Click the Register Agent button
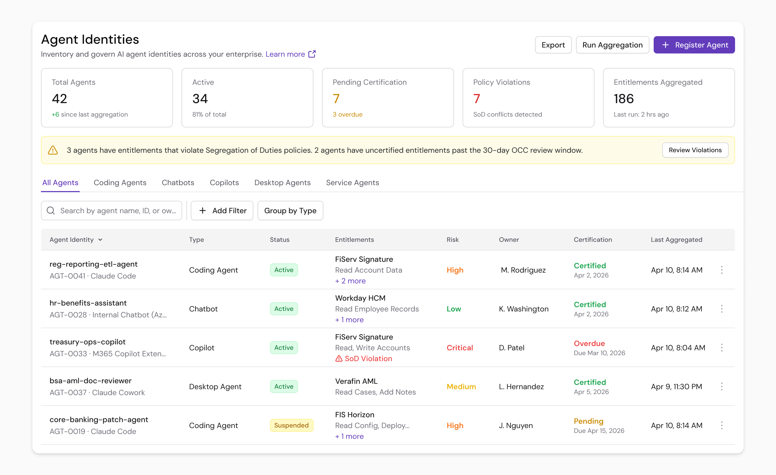pos(694,45)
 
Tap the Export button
pos(553,45)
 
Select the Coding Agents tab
pos(120,183)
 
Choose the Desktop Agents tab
pos(282,183)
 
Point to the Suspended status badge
pos(291,425)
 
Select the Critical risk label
pos(459,348)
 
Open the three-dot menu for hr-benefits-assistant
pos(722,309)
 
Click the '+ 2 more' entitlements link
pos(350,281)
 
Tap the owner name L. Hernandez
pos(521,386)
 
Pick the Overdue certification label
pos(589,343)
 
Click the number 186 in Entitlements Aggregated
pos(623,99)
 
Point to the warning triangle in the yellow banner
pos(53,150)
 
